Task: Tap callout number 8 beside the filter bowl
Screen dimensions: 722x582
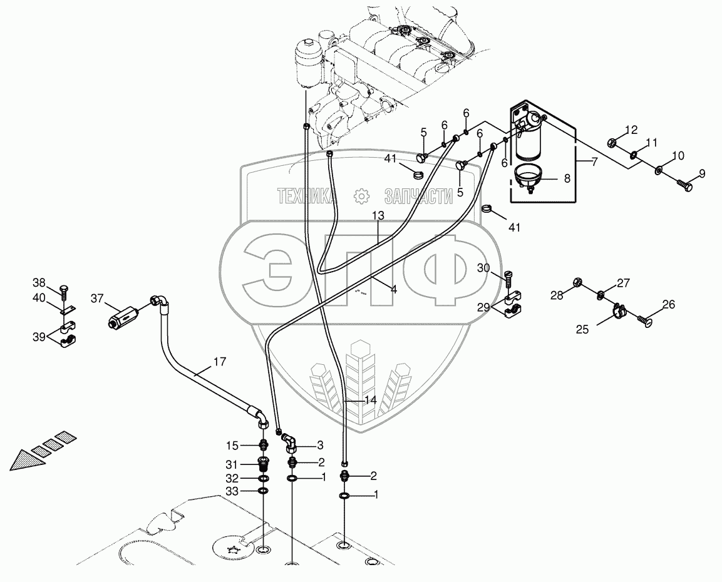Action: pos(567,178)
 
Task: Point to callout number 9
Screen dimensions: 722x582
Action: pos(702,173)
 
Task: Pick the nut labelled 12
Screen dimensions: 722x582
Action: pos(614,143)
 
